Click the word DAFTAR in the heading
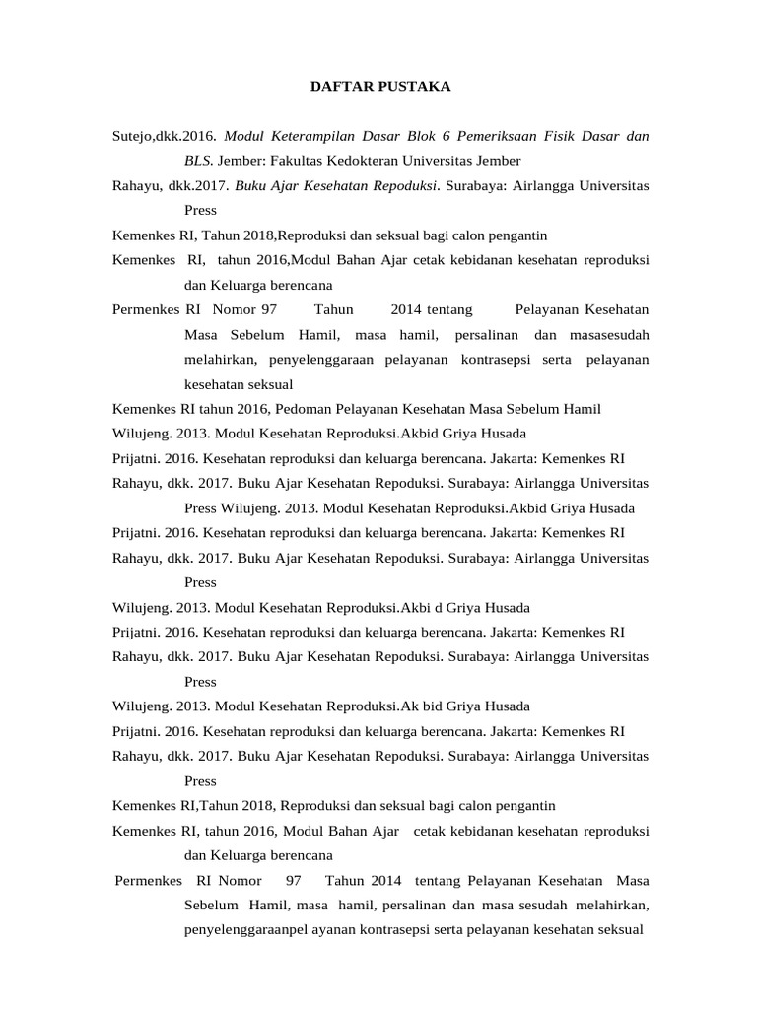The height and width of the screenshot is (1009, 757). (x=338, y=87)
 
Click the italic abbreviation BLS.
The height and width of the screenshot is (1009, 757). (x=198, y=161)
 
